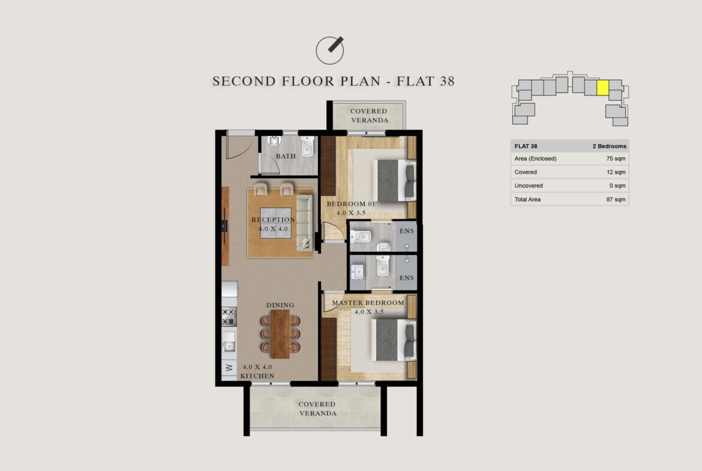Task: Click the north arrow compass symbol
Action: point(330,50)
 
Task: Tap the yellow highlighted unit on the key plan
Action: point(602,88)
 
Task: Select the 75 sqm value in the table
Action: point(616,158)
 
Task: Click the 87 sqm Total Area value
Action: point(616,199)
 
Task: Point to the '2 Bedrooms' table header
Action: point(610,146)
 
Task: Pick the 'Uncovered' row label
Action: point(528,185)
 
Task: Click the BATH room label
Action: point(286,156)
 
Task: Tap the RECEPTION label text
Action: point(273,220)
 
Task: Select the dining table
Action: point(280,334)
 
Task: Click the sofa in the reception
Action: point(304,222)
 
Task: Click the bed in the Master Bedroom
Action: point(392,340)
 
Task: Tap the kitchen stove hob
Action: point(229,316)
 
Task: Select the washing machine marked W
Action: point(229,368)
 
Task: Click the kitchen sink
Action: point(229,342)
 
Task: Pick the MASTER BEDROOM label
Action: point(368,302)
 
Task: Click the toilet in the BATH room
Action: point(307,146)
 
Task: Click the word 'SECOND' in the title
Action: point(244,81)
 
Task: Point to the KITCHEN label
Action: point(257,376)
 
